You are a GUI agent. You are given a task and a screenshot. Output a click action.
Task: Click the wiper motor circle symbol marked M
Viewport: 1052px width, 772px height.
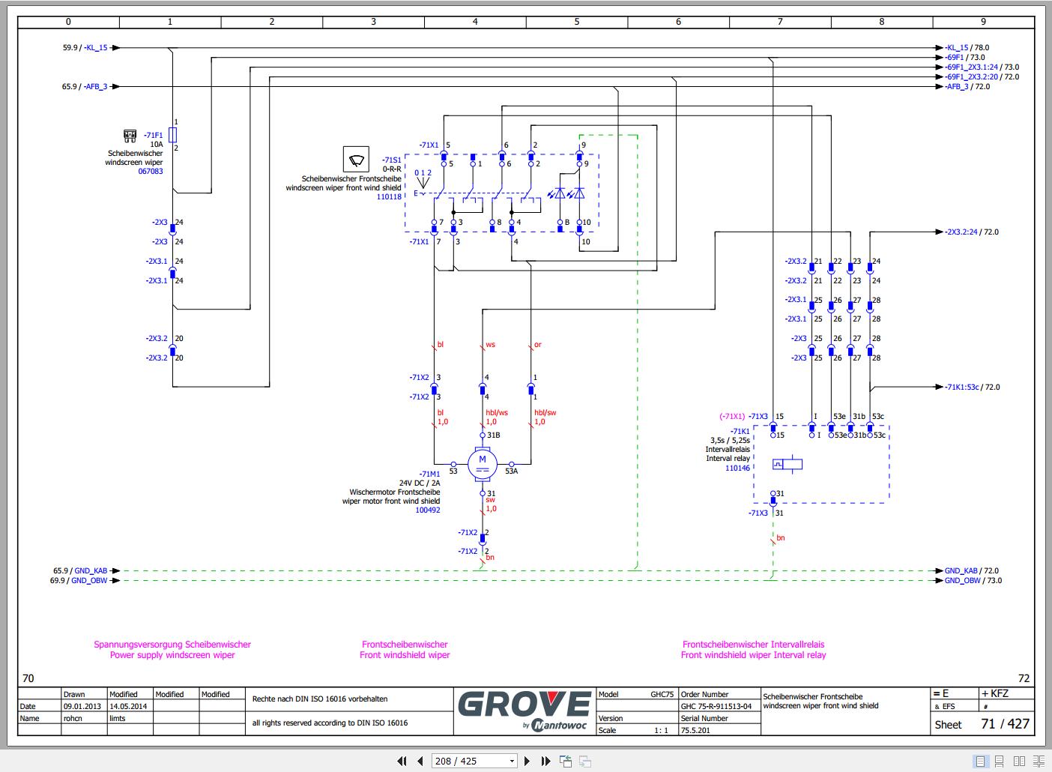pos(483,464)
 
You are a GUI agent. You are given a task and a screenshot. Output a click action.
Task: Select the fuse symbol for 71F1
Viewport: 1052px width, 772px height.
pos(173,135)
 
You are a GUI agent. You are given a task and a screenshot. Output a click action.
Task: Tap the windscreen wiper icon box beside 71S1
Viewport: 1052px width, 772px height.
pos(356,160)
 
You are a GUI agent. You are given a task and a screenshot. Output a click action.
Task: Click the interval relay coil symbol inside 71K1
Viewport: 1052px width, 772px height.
pos(788,464)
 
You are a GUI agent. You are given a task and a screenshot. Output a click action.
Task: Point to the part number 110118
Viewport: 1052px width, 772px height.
pos(389,197)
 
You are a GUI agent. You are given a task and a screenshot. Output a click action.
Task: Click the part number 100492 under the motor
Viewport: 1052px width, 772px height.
pos(427,510)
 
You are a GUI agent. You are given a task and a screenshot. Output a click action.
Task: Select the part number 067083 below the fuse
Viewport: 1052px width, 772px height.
pos(151,172)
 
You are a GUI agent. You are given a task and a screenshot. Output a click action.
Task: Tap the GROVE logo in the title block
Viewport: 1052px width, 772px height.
pos(524,705)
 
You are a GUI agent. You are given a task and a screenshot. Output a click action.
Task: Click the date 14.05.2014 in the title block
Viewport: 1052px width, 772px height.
pos(128,706)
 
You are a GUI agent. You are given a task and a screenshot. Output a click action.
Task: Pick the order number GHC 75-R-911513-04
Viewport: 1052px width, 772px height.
pos(716,706)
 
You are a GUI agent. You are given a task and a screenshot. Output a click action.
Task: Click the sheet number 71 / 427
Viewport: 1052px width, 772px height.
pos(1005,723)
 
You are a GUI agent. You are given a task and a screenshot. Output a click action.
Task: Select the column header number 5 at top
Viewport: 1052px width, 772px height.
pos(577,22)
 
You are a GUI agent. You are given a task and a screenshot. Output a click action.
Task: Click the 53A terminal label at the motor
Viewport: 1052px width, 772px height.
pos(512,471)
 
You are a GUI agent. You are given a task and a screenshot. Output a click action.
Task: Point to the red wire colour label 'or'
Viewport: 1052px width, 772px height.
pos(538,345)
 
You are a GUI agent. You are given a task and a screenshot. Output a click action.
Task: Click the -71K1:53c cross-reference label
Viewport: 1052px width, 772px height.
pos(962,387)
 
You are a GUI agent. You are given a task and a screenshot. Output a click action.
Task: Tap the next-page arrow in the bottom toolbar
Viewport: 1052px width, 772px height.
pos(527,761)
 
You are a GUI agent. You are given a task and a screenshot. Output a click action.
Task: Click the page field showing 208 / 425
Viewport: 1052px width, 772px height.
pos(474,761)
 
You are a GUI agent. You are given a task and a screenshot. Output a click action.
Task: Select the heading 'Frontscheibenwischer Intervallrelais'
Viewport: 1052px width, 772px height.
pos(753,644)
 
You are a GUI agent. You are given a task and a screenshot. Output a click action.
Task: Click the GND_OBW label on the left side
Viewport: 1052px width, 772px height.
pos(89,580)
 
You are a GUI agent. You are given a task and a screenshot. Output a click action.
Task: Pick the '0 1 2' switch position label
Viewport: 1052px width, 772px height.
pos(423,173)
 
